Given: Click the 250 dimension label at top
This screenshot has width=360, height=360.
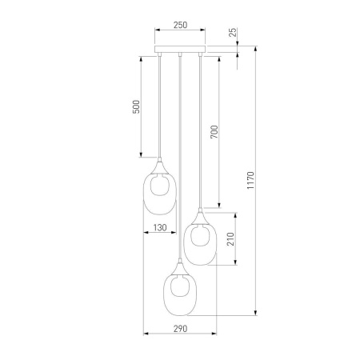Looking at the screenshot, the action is coord(180,25).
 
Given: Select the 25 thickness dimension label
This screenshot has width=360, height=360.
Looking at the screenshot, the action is coord(233,32).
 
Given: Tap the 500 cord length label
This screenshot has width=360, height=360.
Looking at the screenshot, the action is coord(136,106).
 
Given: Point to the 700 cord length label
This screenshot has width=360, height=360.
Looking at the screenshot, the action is coord(214,132).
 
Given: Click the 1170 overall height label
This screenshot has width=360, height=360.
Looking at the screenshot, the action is coord(250,181).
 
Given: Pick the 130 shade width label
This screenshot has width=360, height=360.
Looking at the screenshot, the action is coord(160,227).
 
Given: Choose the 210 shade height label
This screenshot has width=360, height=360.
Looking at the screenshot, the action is coord(230,239).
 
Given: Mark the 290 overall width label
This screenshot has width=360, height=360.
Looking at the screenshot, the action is coord(180,329).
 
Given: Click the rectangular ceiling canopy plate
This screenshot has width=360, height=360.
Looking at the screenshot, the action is coord(180,49).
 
